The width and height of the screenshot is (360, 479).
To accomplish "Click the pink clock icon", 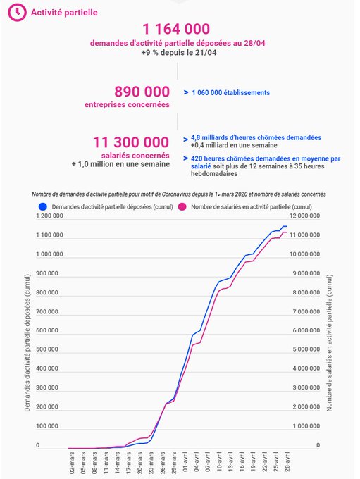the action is [17, 12].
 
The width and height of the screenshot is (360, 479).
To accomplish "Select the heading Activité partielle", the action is [64, 13].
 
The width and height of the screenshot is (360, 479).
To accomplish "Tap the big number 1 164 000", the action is [176, 29].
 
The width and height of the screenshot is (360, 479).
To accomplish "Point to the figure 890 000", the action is [142, 92].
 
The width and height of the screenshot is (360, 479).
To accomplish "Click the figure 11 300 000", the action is [131, 142].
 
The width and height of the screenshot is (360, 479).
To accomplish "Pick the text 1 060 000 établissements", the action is [231, 92].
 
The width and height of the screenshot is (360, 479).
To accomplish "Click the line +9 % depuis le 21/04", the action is [179, 53].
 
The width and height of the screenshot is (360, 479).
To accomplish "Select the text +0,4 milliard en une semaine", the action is [234, 145].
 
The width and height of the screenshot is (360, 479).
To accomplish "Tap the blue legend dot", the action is [43, 207].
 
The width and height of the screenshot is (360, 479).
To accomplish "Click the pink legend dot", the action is [182, 207].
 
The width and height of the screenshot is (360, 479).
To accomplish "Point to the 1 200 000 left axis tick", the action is [49, 216].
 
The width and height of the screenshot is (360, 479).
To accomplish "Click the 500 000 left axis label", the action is [47, 349].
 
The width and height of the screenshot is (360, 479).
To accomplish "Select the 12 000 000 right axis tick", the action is [304, 216].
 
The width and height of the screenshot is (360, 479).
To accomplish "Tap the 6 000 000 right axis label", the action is [306, 330].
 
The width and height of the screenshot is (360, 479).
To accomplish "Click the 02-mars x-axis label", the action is [72, 463].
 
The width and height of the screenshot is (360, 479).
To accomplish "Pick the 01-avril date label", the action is [185, 462].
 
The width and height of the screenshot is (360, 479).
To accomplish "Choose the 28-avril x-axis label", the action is [287, 462].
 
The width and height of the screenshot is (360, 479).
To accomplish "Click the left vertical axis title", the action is [27, 343].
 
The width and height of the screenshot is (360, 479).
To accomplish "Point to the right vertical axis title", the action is [329, 343].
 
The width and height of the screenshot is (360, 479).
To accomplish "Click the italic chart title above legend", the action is [179, 194].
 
